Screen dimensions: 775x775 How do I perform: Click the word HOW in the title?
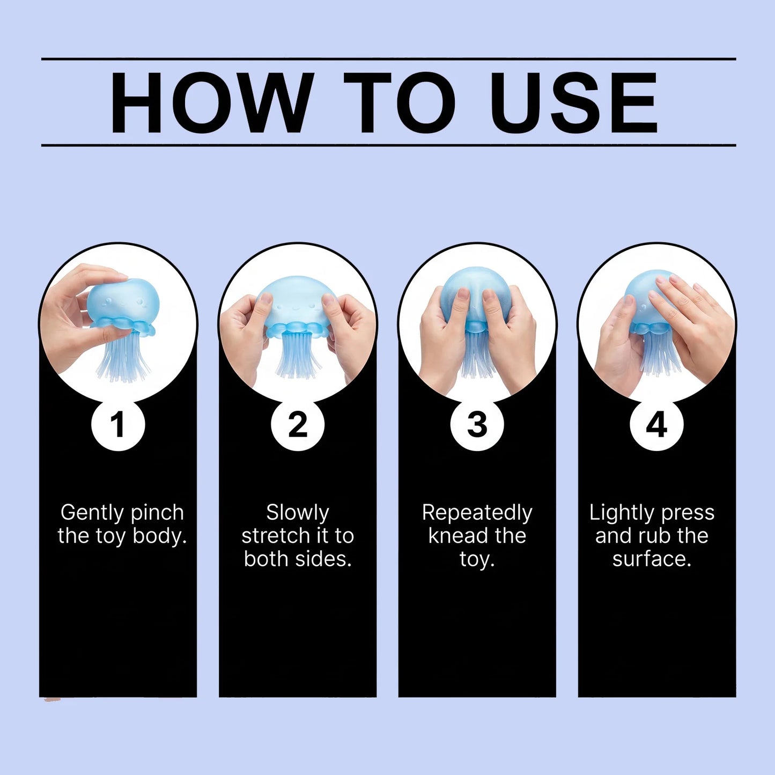(211, 102)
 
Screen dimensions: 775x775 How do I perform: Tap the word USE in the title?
(574, 102)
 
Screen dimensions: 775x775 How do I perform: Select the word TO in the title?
(399, 102)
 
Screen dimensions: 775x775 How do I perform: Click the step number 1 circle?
(118, 425)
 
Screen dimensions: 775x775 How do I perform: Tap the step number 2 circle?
(298, 425)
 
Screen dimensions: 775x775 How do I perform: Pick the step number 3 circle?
(477, 425)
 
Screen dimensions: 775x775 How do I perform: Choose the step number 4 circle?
(657, 425)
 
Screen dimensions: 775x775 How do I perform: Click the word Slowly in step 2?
(298, 514)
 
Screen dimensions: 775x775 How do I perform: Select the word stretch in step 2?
(281, 536)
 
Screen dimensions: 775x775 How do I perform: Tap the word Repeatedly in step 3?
(477, 514)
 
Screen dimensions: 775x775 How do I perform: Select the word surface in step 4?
(652, 559)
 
